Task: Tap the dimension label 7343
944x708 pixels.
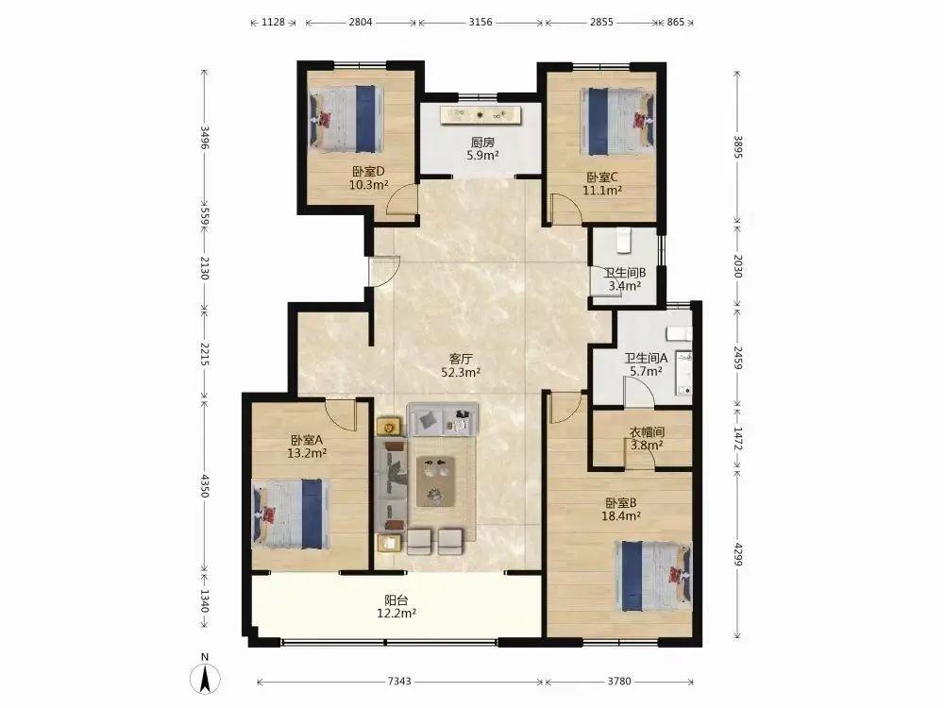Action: tap(399, 681)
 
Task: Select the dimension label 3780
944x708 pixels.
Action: tap(619, 681)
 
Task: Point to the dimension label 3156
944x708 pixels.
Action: tap(480, 23)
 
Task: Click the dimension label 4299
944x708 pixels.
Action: tap(739, 554)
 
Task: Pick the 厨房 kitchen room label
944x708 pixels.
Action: tap(482, 143)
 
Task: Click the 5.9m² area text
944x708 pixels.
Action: tap(482, 156)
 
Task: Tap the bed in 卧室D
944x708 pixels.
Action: tap(346, 119)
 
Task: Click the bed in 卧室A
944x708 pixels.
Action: tap(290, 514)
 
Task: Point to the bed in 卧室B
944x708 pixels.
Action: tap(652, 576)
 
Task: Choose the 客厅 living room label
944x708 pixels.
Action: tap(461, 359)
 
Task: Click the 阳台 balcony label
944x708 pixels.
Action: tap(396, 600)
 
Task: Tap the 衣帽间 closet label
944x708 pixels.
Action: tap(647, 432)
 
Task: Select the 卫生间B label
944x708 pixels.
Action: tap(625, 273)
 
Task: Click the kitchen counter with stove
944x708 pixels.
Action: tap(480, 114)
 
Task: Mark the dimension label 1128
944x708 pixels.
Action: tap(273, 23)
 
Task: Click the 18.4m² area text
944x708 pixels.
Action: tap(621, 516)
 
